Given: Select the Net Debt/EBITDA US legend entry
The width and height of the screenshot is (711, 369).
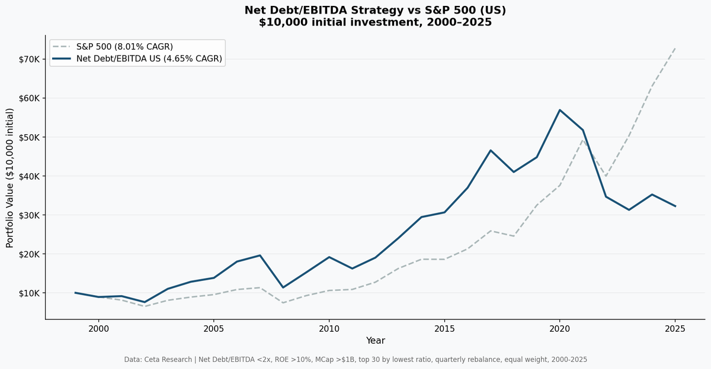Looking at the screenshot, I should point(149,59).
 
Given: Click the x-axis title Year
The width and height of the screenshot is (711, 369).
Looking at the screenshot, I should point(375,341).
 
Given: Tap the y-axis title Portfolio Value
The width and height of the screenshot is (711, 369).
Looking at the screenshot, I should point(10,178).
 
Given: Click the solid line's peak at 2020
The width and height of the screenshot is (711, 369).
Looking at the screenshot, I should point(560,110).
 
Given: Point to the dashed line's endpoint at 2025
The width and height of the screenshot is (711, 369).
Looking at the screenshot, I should point(675,48).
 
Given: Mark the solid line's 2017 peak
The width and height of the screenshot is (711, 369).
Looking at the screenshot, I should point(491,150).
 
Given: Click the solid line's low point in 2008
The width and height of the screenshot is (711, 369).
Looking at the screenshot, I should point(283,287).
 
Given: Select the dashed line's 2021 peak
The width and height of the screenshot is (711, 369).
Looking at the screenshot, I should point(583,140).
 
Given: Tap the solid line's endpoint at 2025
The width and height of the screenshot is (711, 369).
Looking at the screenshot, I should point(675,206).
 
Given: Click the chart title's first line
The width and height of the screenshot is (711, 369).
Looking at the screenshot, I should point(375,10).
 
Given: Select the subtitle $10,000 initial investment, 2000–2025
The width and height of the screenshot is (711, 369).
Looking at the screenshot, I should point(375,22).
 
